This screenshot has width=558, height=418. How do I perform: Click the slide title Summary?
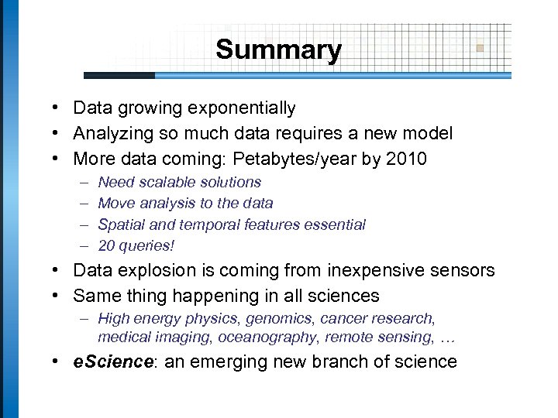tap(278, 50)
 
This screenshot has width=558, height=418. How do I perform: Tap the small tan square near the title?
tap(480, 48)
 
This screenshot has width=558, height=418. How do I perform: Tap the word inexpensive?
tap(366, 270)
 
